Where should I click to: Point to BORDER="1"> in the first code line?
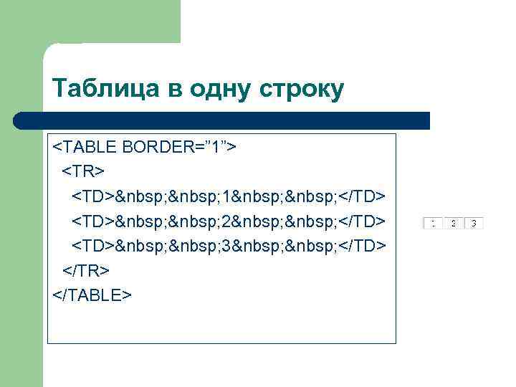(181, 147)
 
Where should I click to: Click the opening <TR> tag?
(82, 171)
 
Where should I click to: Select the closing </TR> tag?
(86, 270)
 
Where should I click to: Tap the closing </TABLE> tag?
(92, 295)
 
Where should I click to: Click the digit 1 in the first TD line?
(226, 196)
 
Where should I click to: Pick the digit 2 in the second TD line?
(226, 221)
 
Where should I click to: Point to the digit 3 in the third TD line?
(226, 246)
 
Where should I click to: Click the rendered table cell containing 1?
(433, 223)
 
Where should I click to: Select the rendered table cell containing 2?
(453, 223)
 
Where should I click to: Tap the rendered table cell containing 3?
(474, 223)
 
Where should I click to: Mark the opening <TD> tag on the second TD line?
(92, 221)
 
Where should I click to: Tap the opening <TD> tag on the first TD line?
(92, 196)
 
